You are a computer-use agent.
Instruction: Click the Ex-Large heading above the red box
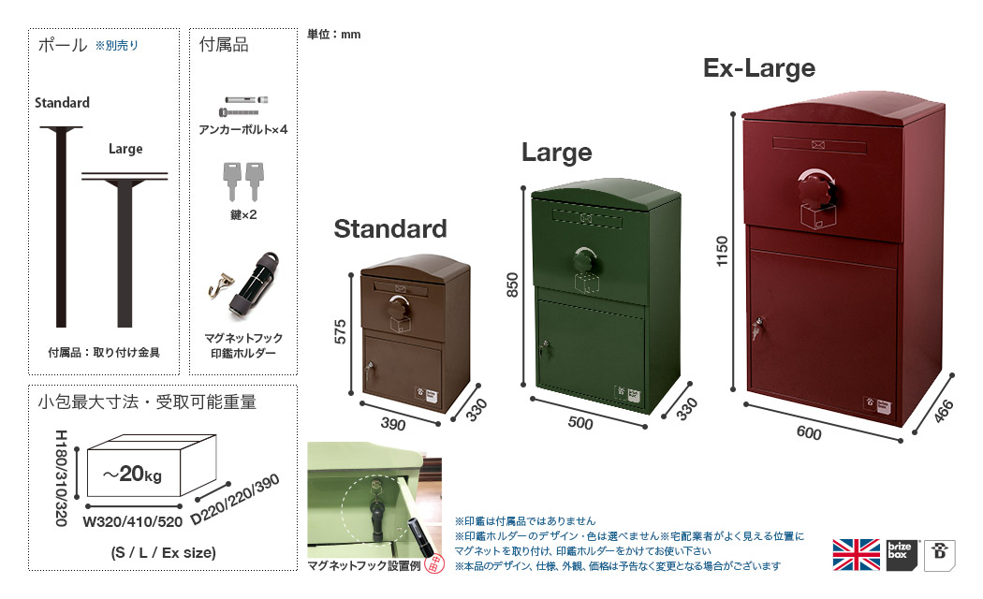click(759, 67)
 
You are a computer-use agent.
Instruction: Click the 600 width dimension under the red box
click(809, 433)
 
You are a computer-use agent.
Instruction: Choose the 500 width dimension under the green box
click(580, 423)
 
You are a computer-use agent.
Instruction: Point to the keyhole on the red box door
click(756, 328)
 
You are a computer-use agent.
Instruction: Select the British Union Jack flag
click(856, 555)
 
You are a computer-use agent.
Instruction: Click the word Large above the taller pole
click(125, 149)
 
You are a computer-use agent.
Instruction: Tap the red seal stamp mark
click(434, 563)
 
